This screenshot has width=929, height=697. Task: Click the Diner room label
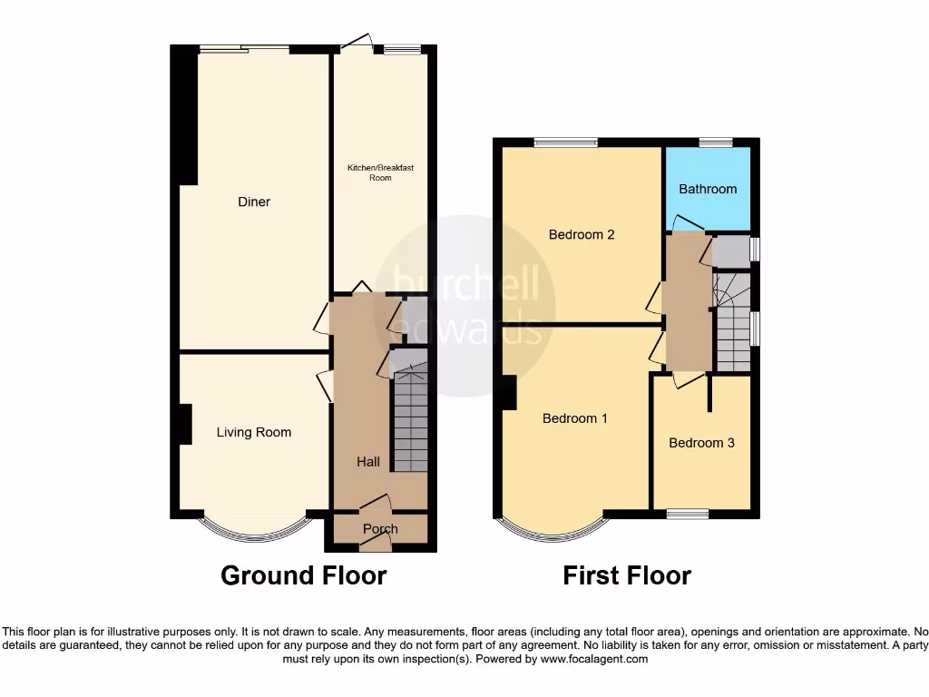[254, 201]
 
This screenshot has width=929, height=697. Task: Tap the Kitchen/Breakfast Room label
[380, 172]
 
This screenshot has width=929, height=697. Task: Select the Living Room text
[254, 432]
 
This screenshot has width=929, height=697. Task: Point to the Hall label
[368, 462]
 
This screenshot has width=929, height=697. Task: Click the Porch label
[380, 529]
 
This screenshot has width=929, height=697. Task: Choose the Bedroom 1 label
[575, 418]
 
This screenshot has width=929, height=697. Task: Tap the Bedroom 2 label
[582, 234]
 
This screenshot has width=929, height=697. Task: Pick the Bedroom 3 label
[701, 443]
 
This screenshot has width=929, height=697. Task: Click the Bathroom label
[708, 189]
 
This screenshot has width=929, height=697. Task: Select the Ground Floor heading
[304, 575]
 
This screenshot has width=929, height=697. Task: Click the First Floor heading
[627, 575]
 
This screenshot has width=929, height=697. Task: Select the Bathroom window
[716, 142]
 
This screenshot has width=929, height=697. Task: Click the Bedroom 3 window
[688, 515]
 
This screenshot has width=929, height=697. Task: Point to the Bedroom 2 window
[565, 142]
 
